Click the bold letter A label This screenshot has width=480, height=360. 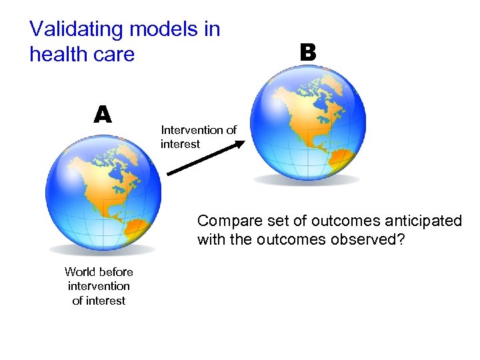102,115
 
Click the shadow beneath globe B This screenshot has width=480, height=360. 307,179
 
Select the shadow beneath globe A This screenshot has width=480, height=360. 103,250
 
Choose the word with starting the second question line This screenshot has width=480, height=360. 211,239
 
